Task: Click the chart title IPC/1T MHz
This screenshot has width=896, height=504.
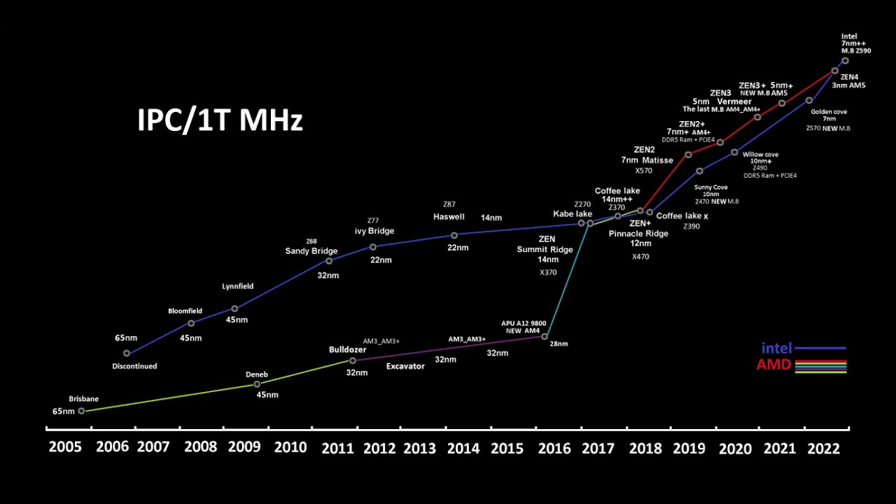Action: point(220,120)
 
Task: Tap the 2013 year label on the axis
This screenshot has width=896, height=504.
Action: point(420,448)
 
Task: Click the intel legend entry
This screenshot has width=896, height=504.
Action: point(776,348)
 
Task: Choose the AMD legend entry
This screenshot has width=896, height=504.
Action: point(773,365)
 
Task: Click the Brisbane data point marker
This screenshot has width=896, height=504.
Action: point(81,411)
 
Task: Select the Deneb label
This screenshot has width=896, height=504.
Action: point(257,374)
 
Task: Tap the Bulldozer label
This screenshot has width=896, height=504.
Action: point(348,349)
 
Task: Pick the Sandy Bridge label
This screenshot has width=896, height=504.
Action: point(311,251)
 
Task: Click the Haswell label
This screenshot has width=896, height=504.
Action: point(449,217)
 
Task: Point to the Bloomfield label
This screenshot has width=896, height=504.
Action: point(185,311)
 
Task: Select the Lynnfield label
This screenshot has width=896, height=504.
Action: point(238,286)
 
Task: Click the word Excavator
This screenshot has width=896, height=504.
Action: point(405,366)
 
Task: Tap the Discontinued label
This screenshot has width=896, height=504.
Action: point(134,366)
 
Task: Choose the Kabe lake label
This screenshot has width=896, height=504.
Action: point(573,214)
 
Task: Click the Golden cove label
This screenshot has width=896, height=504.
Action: point(829,111)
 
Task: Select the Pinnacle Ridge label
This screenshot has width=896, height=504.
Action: point(638,233)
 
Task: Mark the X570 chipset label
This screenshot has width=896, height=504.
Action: point(643,171)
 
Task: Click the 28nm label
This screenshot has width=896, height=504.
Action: point(559,344)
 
